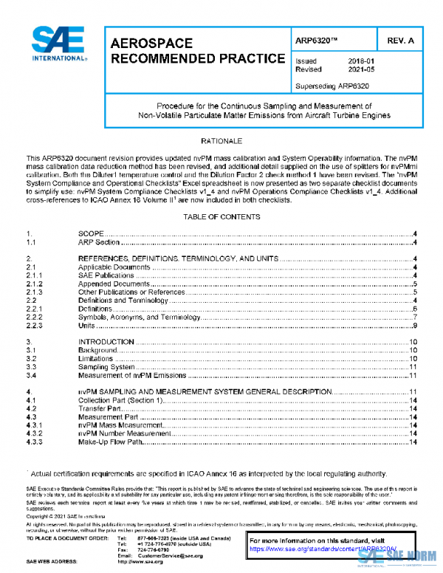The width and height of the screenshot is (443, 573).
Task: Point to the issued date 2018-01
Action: click(360, 61)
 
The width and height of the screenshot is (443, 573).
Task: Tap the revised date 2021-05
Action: click(360, 69)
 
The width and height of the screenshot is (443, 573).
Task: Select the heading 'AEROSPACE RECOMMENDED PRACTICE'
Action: click(196, 50)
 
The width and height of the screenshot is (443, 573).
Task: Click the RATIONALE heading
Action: click(221, 140)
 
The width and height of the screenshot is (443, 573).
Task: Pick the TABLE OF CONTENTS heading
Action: click(221, 217)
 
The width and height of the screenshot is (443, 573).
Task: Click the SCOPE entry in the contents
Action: click(91, 234)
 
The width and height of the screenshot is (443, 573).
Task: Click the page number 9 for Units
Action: click(416, 326)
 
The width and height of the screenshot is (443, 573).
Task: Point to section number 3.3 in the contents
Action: click(31, 366)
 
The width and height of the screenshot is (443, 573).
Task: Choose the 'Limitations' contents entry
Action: click(97, 358)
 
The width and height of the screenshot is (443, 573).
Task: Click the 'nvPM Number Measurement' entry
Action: click(123, 433)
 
